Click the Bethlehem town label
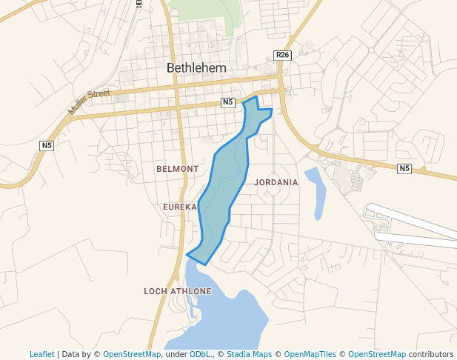(196, 67)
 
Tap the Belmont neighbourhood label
(178, 169)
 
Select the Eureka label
(180, 207)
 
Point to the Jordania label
(276, 182)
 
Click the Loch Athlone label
(178, 291)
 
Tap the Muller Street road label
(89, 101)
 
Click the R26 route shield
(281, 56)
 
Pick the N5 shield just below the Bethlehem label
(228, 102)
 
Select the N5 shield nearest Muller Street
(47, 145)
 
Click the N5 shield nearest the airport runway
(404, 169)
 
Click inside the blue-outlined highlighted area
(222, 185)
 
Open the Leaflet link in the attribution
(41, 354)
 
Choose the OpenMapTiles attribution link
(310, 354)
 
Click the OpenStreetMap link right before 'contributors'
(376, 354)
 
